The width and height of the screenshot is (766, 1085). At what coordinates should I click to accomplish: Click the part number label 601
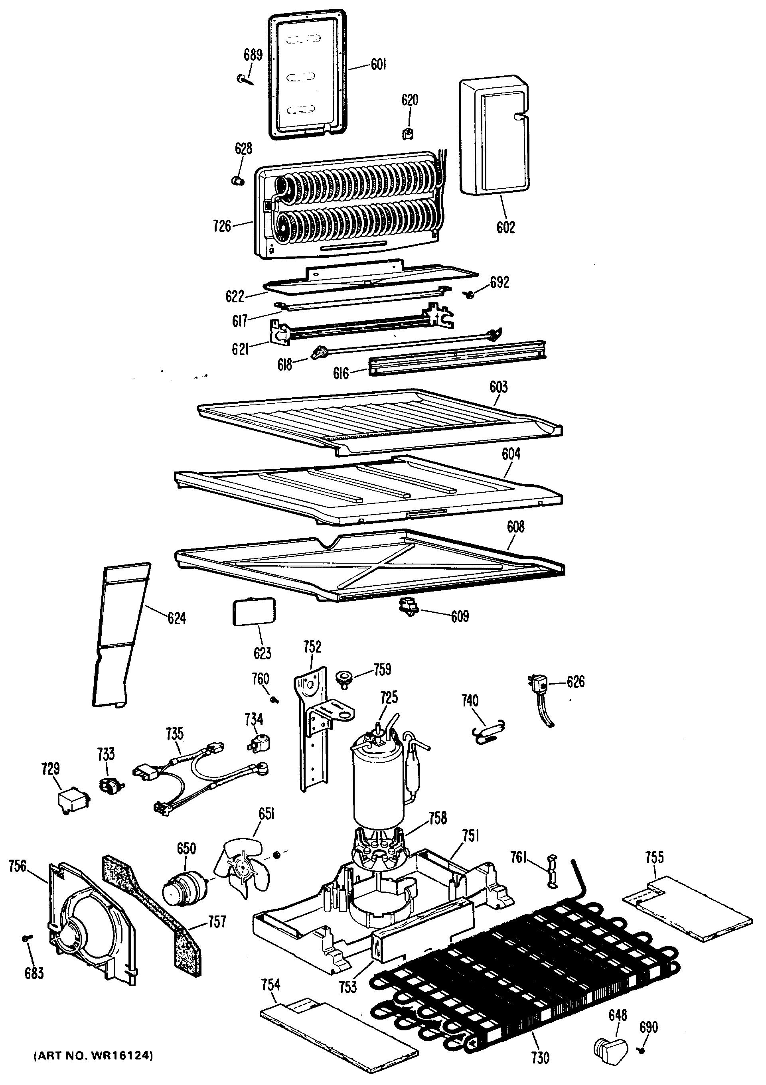pos(379,65)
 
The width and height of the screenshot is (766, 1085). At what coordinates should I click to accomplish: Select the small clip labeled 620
pos(408,134)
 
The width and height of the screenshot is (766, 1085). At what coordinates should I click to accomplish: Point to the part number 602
pos(505,227)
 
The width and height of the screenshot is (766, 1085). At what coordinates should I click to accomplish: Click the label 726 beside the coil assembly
pos(222,226)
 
